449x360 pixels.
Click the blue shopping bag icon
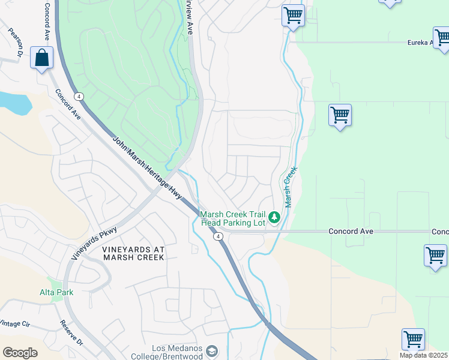pos(41,58)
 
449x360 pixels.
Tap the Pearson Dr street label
pos(14,41)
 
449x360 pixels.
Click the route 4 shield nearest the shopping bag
pos(79,96)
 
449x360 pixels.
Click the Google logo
pos(20,353)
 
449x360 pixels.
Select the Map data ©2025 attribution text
pos(424,355)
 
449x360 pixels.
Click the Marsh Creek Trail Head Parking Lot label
pos(232,218)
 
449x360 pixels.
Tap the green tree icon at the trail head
pos(274,217)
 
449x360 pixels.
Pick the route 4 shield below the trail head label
pos(218,237)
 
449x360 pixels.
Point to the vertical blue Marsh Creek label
pos(291,187)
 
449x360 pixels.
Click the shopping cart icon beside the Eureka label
pos(442,37)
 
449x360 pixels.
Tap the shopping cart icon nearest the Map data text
pos(413,339)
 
